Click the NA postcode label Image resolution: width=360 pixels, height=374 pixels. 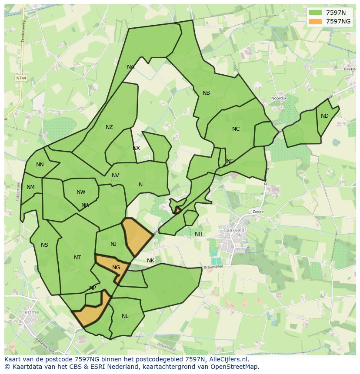pyautogui.click(x=130, y=67)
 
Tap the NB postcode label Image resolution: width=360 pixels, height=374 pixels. pyautogui.click(x=206, y=93)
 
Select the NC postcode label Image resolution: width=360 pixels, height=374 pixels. pyautogui.click(x=236, y=129)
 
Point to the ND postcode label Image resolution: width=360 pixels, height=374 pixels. pyautogui.click(x=325, y=116)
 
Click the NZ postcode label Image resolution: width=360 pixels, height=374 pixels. pyautogui.click(x=109, y=127)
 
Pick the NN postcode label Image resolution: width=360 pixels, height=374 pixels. pyautogui.click(x=40, y=165)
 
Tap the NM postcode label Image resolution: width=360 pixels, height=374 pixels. pyautogui.click(x=30, y=188)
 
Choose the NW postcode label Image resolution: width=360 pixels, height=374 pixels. pyautogui.click(x=81, y=192)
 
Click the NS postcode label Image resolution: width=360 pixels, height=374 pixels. pyautogui.click(x=44, y=245)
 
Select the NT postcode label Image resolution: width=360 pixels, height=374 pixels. pyautogui.click(x=77, y=258)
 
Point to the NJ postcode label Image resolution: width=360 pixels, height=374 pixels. pyautogui.click(x=113, y=244)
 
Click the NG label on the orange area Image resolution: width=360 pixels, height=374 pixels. pyautogui.click(x=116, y=268)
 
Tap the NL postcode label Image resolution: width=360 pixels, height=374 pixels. pyautogui.click(x=125, y=316)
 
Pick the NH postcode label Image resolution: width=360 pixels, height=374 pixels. pyautogui.click(x=199, y=234)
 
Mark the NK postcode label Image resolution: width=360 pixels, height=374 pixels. pyautogui.click(x=150, y=261)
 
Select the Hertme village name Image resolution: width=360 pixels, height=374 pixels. pyautogui.click(x=30, y=312)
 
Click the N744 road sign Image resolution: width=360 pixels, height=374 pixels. pyautogui.click(x=20, y=78)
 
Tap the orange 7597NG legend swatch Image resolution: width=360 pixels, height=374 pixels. pyautogui.click(x=316, y=21)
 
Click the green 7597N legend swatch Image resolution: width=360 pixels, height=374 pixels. pyautogui.click(x=316, y=13)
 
